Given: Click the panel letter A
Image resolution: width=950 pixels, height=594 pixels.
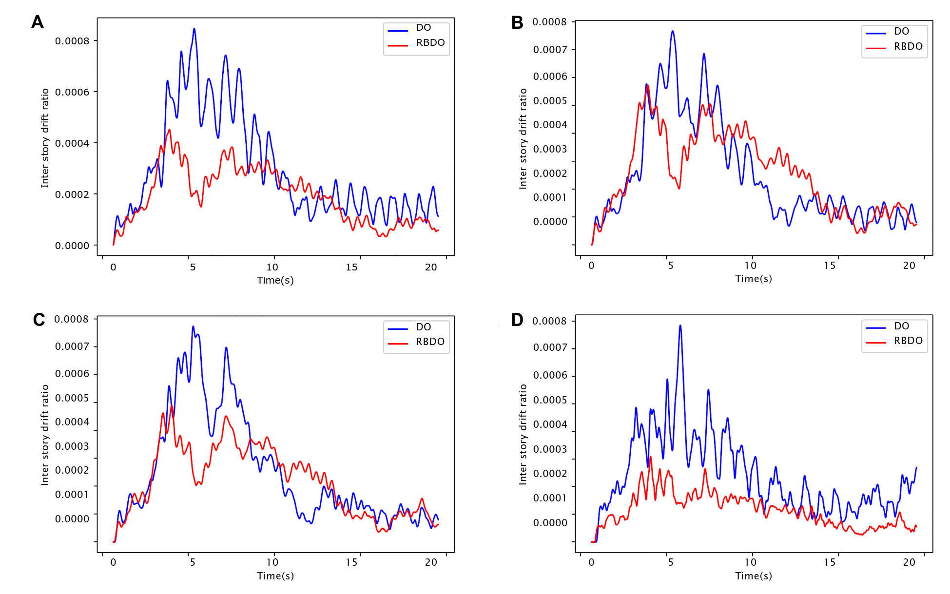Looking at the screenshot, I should (x=38, y=22).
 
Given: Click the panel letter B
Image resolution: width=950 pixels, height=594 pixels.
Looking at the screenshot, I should (x=517, y=23).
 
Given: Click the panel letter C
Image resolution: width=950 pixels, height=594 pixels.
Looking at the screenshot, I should (x=39, y=320).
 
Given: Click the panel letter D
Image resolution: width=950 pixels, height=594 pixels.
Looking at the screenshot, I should (x=517, y=320).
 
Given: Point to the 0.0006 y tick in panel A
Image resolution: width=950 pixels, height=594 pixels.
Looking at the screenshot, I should (x=72, y=92).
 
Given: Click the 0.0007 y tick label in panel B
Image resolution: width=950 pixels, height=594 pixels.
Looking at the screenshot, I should (x=550, y=50).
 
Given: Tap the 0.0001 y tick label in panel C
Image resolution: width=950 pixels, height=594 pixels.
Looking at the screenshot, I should (x=72, y=495).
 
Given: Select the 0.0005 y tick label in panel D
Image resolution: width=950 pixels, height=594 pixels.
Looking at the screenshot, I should (x=550, y=400).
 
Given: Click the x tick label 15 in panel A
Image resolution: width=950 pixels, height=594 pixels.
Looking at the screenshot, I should (x=351, y=267).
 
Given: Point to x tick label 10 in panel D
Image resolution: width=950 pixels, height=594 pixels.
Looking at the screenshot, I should (x=750, y=562).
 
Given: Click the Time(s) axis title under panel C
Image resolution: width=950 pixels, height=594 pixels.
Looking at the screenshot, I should (x=275, y=576).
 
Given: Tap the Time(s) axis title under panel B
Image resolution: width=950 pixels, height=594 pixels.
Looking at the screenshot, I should (x=754, y=279).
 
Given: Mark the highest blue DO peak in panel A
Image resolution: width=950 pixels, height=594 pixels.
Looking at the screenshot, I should (x=194, y=29).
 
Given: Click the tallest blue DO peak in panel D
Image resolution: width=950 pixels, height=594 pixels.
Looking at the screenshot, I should (x=680, y=326).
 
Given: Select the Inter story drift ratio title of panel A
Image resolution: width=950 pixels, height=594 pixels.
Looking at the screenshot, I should (x=45, y=138).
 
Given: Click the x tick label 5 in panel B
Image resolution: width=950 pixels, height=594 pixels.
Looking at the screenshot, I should (x=671, y=266).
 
